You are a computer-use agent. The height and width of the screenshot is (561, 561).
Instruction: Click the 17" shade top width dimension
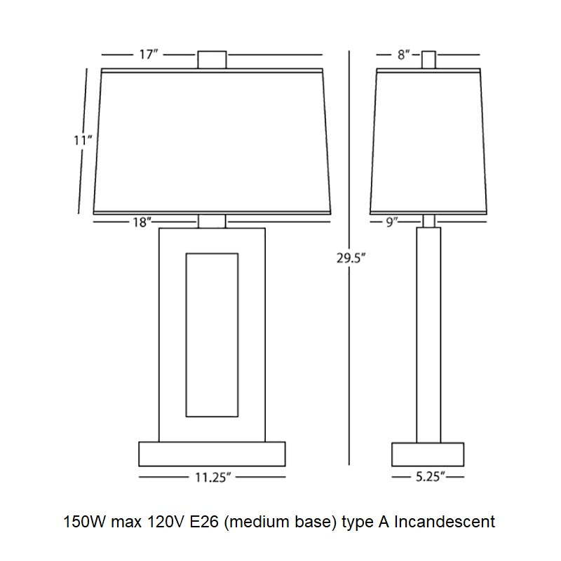(149, 55)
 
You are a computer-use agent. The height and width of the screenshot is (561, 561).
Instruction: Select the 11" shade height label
(83, 141)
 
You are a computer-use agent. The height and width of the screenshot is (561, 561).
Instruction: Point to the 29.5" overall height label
(351, 258)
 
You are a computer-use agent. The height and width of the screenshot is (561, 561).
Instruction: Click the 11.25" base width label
(212, 478)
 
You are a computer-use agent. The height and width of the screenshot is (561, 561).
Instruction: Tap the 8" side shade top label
(403, 55)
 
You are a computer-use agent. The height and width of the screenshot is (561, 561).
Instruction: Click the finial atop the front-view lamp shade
(212, 60)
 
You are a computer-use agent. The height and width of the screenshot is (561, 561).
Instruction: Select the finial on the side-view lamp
(428, 60)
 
